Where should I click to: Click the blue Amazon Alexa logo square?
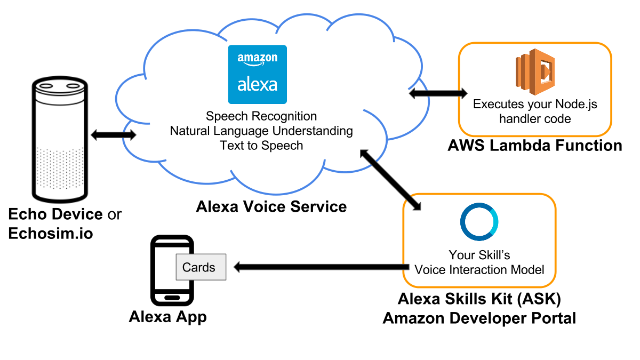(x=257, y=74)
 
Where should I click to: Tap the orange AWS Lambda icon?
(x=535, y=68)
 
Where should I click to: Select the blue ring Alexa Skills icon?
(x=479, y=222)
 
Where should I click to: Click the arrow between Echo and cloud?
(x=113, y=135)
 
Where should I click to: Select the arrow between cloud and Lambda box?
(x=437, y=93)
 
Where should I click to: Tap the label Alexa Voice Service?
(x=271, y=206)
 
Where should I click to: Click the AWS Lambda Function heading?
(x=535, y=145)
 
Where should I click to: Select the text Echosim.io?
(x=51, y=233)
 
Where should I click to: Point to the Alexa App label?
(x=167, y=317)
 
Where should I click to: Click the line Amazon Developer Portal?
(x=479, y=318)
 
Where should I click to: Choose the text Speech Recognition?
(x=261, y=116)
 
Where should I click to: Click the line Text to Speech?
(x=261, y=145)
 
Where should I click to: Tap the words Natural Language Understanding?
(x=261, y=131)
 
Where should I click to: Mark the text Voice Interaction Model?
(x=479, y=269)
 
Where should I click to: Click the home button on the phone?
(x=171, y=298)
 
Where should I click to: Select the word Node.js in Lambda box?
(x=579, y=104)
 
